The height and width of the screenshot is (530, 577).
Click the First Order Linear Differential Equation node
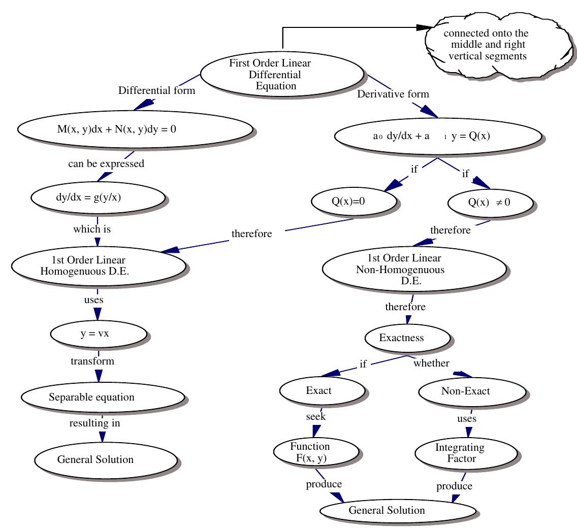pyautogui.click(x=282, y=74)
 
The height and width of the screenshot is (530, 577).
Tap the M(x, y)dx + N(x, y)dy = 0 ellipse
pyautogui.click(x=135, y=129)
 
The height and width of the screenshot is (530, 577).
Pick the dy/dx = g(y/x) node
pyautogui.click(x=98, y=197)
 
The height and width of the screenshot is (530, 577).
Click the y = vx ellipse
pyautogui.click(x=99, y=334)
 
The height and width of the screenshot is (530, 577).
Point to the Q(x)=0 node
pyautogui.click(x=353, y=201)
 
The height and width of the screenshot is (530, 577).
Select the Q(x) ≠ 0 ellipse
pyautogui.click(x=491, y=202)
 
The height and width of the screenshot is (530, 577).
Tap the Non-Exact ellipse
pyautogui.click(x=472, y=391)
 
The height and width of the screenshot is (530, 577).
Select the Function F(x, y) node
pyautogui.click(x=314, y=452)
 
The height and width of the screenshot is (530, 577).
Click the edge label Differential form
pyautogui.click(x=156, y=91)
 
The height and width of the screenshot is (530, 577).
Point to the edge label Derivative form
pyautogui.click(x=393, y=94)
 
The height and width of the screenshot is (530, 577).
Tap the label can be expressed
pyautogui.click(x=106, y=163)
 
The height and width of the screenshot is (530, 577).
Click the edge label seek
pyautogui.click(x=315, y=416)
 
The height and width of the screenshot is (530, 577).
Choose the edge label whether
pyautogui.click(x=431, y=363)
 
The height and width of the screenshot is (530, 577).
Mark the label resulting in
pyautogui.click(x=95, y=422)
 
